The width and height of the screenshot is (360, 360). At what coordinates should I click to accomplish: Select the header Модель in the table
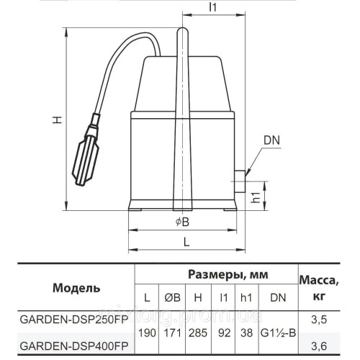click(71, 288)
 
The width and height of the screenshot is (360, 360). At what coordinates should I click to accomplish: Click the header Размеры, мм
click(217, 275)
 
